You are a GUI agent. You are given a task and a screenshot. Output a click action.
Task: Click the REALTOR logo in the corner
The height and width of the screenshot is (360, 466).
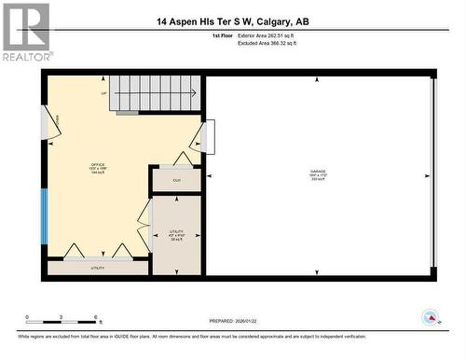25,32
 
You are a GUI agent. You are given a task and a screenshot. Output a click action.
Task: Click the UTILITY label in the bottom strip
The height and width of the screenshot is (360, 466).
97,269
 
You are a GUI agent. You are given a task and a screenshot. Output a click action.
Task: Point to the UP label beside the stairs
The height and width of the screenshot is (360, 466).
103,93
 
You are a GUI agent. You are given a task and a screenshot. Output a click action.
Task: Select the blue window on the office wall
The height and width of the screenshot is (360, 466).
43,215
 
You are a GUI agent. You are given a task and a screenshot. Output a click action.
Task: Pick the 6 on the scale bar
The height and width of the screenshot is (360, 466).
96,318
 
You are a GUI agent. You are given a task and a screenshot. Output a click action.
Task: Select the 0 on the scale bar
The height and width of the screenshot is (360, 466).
27,318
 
